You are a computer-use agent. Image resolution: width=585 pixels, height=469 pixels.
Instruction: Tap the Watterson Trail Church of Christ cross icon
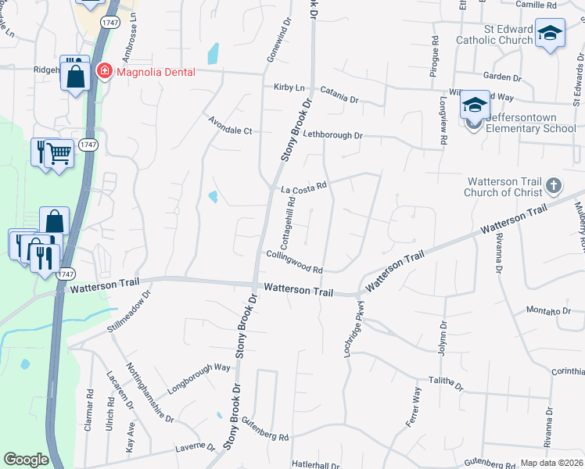coord(554,186)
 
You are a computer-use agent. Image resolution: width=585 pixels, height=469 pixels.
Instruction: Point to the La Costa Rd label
coord(303,188)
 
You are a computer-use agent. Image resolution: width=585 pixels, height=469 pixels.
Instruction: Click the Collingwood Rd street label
coord(294,262)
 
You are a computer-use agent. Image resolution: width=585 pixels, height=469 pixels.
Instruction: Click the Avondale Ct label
coord(230,126)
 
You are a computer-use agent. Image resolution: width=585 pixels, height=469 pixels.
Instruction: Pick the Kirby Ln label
coord(288,88)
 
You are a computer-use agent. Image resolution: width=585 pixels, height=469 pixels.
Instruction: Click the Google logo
coord(26,460)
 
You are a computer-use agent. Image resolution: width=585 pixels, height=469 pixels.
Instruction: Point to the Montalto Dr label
coord(550,310)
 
